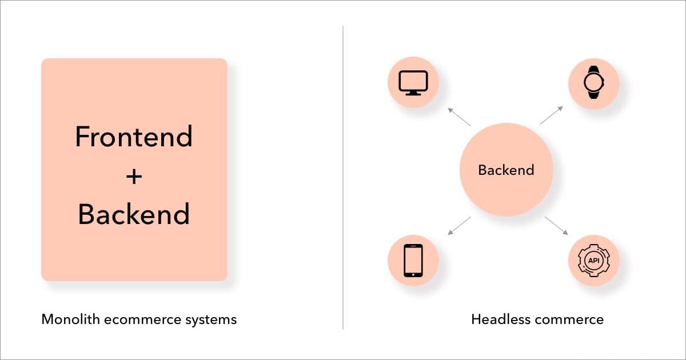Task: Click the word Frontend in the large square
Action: coord(134,137)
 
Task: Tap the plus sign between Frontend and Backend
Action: coord(134,177)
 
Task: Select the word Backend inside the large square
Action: coord(134,214)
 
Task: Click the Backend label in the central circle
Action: coord(506,170)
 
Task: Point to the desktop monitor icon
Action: coord(413,83)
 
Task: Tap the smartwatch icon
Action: coord(593,83)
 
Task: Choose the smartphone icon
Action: coord(413,261)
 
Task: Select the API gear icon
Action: coord(593,261)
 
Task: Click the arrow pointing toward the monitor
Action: coord(459,117)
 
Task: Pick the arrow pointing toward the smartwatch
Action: coord(551,115)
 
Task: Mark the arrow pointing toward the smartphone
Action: coord(459,226)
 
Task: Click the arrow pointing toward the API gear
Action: coord(556,226)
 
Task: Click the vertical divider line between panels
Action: coord(343,177)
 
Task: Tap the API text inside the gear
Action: coord(593,261)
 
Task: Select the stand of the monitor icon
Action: coord(413,93)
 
